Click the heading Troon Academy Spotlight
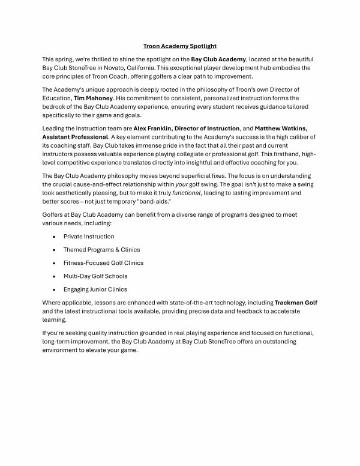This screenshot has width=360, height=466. point(179,46)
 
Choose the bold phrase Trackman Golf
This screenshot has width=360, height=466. point(296,303)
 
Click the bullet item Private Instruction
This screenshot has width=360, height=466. point(88,237)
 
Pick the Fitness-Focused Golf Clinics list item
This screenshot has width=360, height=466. point(103,263)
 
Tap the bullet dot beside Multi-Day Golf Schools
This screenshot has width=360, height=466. point(55,276)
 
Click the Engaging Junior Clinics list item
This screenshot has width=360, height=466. point(95,289)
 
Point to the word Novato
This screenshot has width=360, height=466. point(122,68)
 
